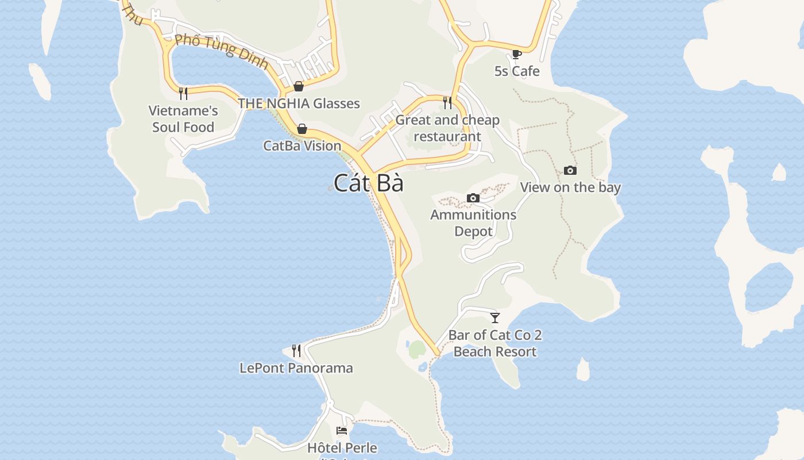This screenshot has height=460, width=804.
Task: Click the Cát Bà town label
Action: (368, 183)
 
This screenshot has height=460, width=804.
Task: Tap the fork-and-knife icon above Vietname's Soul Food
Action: (183, 93)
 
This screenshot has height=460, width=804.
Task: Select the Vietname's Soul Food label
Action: (183, 119)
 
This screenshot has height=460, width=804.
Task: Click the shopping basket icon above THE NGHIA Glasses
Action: (299, 86)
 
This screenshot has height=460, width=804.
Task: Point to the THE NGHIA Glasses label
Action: (299, 103)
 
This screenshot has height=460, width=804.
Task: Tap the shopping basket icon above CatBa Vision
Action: (302, 128)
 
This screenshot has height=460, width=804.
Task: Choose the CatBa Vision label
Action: (302, 145)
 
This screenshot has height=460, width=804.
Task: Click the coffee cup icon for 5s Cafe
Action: (516, 54)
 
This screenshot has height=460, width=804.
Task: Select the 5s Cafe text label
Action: (517, 71)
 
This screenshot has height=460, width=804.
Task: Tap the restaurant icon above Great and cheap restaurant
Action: (447, 102)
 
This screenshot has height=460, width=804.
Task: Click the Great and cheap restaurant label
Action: (447, 128)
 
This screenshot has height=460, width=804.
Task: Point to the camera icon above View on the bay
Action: (570, 170)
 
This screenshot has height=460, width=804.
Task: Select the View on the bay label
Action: (570, 187)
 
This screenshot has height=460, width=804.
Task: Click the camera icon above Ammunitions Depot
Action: (473, 198)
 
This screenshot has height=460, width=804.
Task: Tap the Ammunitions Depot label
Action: (473, 223)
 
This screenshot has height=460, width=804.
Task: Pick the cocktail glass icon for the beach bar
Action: (495, 317)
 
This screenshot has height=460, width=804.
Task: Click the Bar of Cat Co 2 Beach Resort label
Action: (495, 343)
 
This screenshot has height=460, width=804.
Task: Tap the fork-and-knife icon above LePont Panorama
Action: (296, 350)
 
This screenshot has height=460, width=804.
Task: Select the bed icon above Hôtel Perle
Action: (342, 430)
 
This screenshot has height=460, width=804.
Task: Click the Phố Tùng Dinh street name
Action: (222, 51)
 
